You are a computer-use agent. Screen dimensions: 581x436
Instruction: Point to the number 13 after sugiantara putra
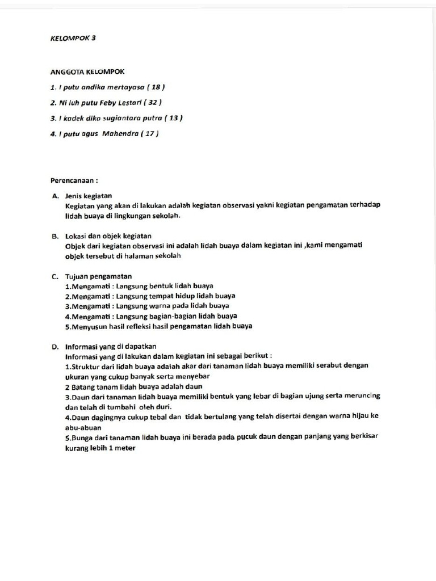[x=172, y=118]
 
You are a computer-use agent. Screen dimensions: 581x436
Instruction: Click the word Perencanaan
[x=72, y=180]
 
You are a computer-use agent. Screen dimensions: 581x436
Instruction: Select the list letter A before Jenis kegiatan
[x=55, y=196]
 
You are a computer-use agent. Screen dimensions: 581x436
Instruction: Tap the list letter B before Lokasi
[x=55, y=235]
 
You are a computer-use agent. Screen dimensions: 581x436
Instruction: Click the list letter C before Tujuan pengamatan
[x=55, y=276]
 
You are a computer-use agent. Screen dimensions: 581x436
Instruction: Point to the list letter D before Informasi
[x=55, y=346]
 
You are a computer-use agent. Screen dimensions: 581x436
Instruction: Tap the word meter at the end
[x=125, y=447]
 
